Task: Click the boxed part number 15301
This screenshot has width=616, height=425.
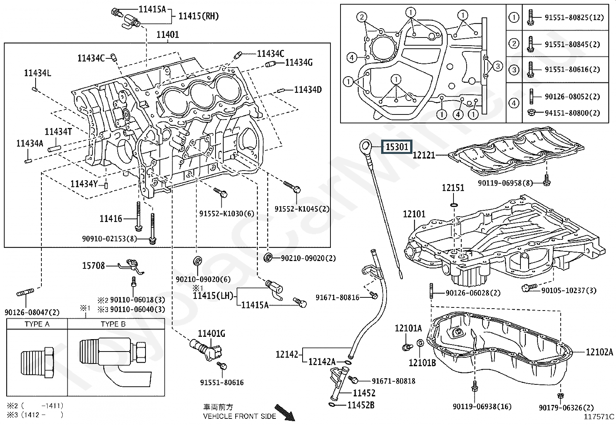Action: pos(397,147)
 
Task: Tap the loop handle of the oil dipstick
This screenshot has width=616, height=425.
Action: pos(365,146)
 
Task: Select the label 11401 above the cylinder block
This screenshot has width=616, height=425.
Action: pos(168,35)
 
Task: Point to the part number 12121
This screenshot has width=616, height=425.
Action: pos(424,155)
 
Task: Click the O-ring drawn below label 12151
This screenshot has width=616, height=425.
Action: pos(455,204)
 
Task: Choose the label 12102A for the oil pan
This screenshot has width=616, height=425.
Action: pos(599,352)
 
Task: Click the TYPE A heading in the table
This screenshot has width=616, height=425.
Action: pos(37,324)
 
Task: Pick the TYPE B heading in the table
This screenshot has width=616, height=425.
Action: pos(113,324)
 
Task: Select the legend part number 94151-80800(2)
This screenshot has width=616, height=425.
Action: pos(572,113)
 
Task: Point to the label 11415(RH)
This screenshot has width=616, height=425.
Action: pos(198,16)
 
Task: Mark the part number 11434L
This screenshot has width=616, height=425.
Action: pos(38,73)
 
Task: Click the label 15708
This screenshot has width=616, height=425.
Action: pos(93,266)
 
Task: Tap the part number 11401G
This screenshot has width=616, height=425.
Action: pos(211,333)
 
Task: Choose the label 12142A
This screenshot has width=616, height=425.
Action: pos(322,362)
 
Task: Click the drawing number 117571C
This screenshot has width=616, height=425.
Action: pos(599,416)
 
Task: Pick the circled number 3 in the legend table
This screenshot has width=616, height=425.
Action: pos(513,70)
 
